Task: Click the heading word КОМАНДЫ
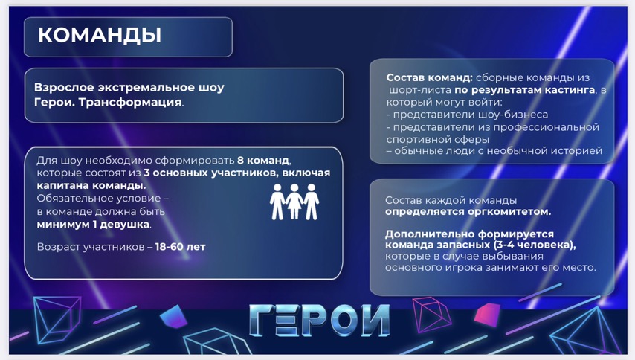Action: pyautogui.click(x=100, y=35)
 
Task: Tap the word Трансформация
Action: pyautogui.click(x=130, y=102)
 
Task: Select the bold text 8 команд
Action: pyautogui.click(x=263, y=161)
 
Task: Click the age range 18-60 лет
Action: pyautogui.click(x=180, y=247)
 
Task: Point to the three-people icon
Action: pyautogui.click(x=294, y=202)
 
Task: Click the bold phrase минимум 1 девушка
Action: pyautogui.click(x=93, y=225)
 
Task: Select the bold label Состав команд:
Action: pyautogui.click(x=429, y=77)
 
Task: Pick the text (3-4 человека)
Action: pyautogui.click(x=535, y=245)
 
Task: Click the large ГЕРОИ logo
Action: pyautogui.click(x=319, y=321)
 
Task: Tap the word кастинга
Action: pyautogui.click(x=570, y=90)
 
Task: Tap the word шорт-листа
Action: pyautogui.click(x=420, y=90)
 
